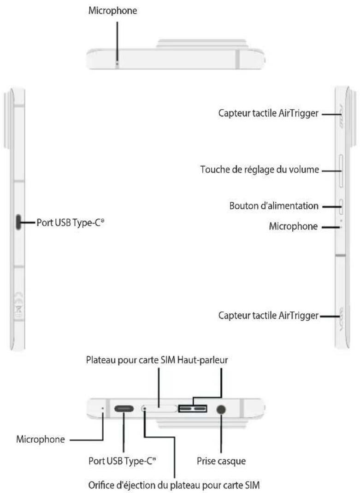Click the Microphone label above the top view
[x=112, y=11]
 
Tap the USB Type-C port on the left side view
[x=18, y=222]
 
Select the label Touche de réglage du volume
[x=260, y=170]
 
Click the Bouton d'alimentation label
[x=274, y=205]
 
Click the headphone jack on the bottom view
[x=221, y=409]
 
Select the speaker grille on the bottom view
[x=193, y=408]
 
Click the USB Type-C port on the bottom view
[x=124, y=409]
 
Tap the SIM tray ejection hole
[x=144, y=409]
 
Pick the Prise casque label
[x=221, y=461]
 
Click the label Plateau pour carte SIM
[x=130, y=360]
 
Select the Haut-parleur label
[x=203, y=360]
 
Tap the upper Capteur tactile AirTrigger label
[x=268, y=113]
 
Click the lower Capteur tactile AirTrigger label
[x=268, y=315]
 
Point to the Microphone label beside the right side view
[x=293, y=226]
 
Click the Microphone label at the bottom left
[x=41, y=439]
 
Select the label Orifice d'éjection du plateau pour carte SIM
[x=174, y=485]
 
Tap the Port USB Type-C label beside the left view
[x=70, y=223]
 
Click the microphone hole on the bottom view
[x=103, y=408]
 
